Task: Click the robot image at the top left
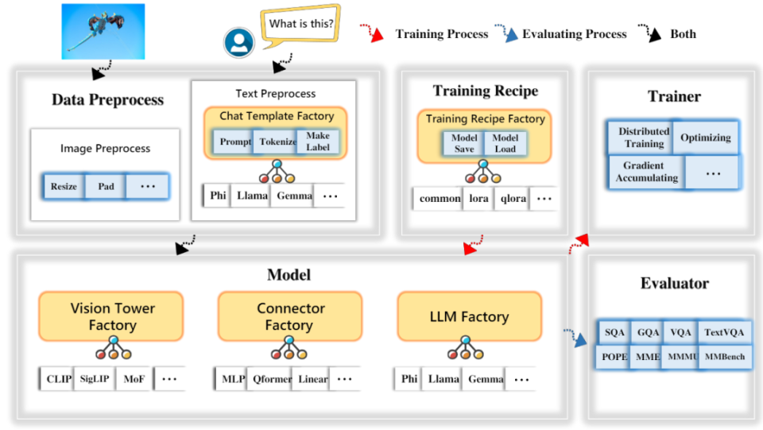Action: click(x=103, y=31)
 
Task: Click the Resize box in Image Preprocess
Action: click(x=64, y=186)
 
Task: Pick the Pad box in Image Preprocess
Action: click(x=106, y=186)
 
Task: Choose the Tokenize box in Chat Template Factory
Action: click(x=275, y=141)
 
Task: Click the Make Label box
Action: click(x=318, y=141)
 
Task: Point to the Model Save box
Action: click(x=464, y=143)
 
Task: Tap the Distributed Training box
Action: click(x=644, y=138)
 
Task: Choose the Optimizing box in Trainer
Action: click(x=705, y=138)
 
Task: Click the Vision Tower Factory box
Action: click(x=112, y=316)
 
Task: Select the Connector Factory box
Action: click(x=290, y=316)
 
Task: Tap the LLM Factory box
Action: click(x=469, y=316)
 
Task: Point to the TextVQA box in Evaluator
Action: click(x=724, y=332)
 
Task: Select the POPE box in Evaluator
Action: click(x=614, y=357)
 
